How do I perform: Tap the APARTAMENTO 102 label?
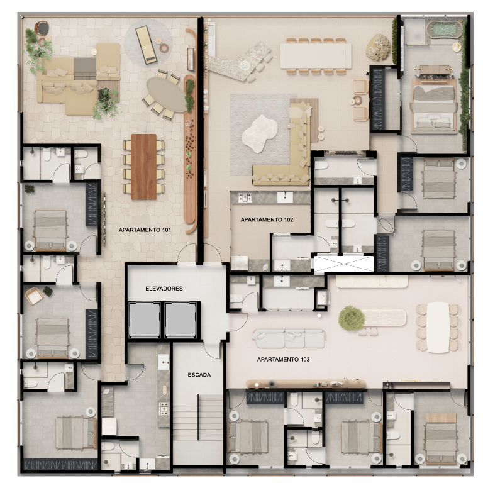coord(266,219)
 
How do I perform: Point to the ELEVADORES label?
coord(164,289)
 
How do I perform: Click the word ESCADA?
coord(199,375)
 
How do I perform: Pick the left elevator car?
coord(145,319)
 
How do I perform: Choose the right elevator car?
coord(182,319)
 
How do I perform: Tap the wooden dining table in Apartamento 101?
coord(143,166)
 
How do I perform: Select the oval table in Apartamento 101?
coord(167,95)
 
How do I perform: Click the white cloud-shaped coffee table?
coord(260,133)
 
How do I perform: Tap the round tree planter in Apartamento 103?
coord(351,318)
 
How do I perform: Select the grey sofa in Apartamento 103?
coord(289,338)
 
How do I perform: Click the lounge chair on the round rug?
coord(147,44)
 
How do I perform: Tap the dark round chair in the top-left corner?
coord(42,28)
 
